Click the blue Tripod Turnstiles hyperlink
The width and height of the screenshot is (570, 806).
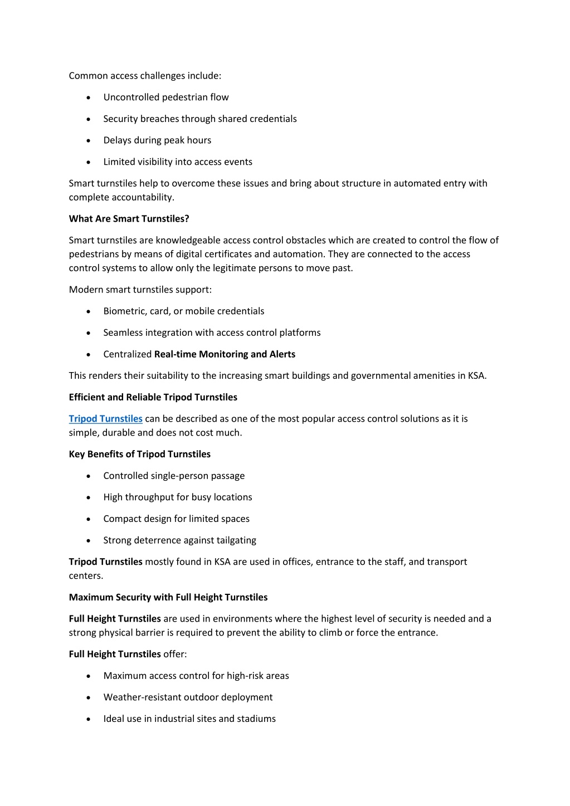105,418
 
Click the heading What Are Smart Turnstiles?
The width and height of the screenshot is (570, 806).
129,219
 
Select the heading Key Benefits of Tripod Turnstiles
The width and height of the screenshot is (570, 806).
139,454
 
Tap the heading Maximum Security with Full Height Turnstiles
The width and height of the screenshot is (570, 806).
168,597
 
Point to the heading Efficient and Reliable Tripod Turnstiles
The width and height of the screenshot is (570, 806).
153,397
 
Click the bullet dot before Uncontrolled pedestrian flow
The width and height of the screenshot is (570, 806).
89,97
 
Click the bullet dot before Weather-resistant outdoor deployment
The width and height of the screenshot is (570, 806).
89,697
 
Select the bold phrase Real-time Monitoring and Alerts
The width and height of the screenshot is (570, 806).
225,354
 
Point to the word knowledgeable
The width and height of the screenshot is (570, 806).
188,240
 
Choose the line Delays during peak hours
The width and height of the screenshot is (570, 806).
157,140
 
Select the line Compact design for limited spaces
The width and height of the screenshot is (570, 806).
176,519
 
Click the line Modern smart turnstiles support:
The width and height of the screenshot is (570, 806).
140,290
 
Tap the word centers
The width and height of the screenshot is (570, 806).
86,576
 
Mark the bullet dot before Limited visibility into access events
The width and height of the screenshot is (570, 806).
89,162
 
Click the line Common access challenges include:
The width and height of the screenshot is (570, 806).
145,76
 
